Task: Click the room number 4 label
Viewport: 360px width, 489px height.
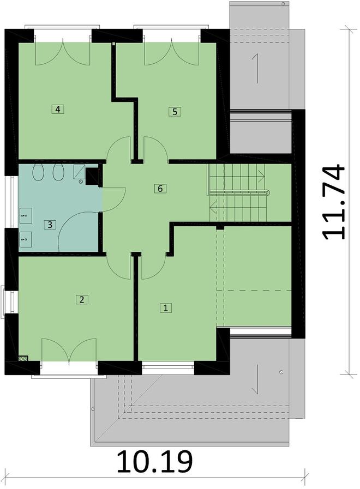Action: (x=58, y=109)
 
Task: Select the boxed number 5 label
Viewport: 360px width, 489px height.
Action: (x=174, y=112)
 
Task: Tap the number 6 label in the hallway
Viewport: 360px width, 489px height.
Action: (x=159, y=189)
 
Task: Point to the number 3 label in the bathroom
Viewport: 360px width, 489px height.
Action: (x=50, y=224)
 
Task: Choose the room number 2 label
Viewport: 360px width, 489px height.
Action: (x=81, y=299)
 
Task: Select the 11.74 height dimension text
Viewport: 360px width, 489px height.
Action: (x=333, y=202)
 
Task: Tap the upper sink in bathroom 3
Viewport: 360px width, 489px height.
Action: (x=25, y=216)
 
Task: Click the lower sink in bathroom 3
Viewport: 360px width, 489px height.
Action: (x=25, y=238)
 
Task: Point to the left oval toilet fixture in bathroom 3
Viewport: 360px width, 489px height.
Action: (x=38, y=172)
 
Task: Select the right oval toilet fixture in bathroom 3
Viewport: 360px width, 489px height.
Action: (x=58, y=172)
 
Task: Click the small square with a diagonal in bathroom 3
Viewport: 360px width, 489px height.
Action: (x=80, y=172)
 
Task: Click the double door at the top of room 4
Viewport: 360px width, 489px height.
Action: (x=64, y=52)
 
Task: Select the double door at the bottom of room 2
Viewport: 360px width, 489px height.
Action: (x=69, y=350)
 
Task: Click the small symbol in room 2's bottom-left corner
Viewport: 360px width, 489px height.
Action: (x=23, y=359)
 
